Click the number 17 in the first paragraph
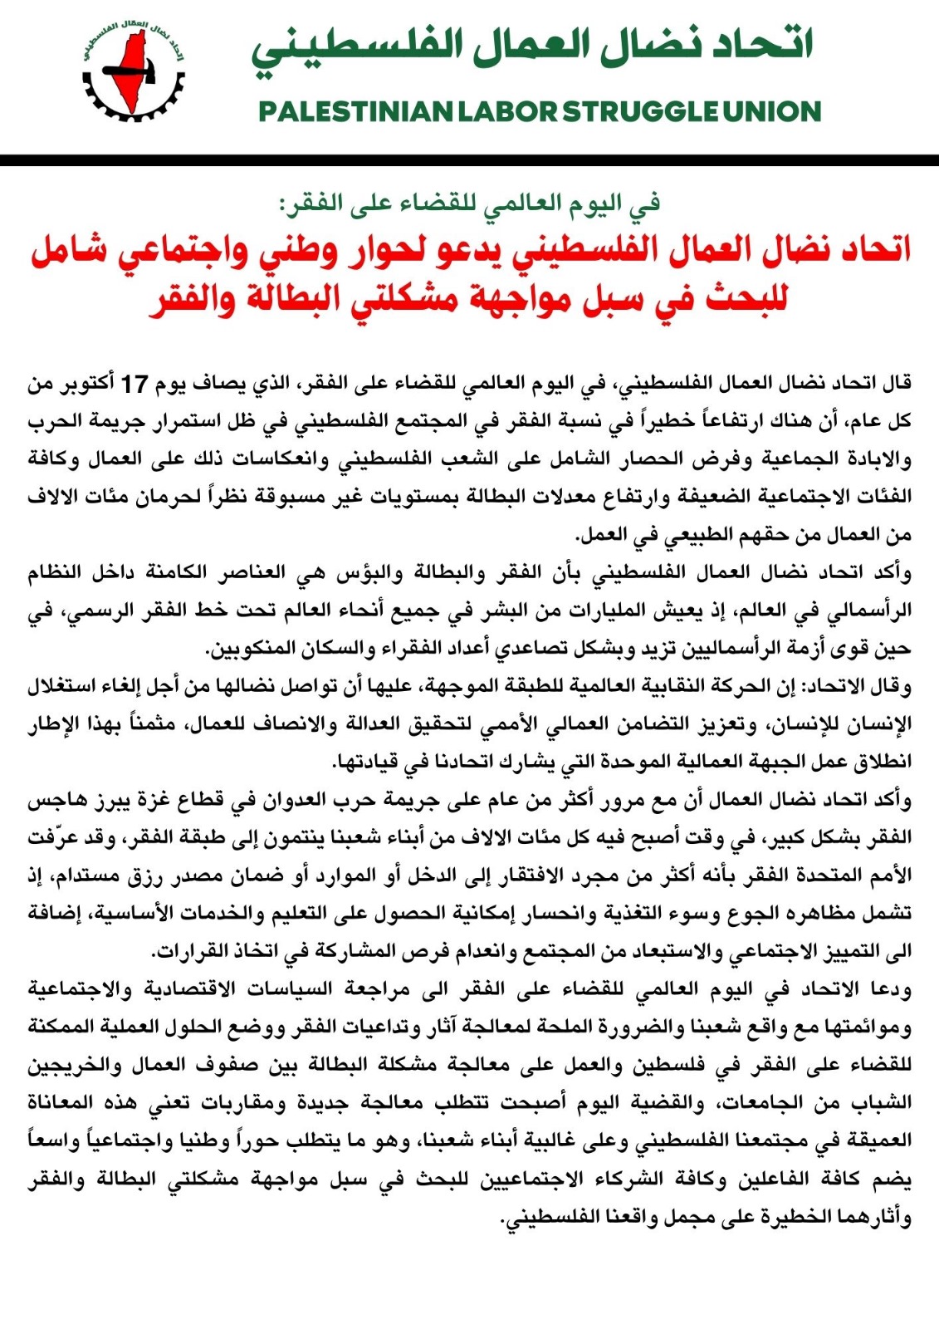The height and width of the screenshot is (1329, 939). (x=134, y=384)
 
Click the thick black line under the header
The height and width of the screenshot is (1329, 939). (x=469, y=160)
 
